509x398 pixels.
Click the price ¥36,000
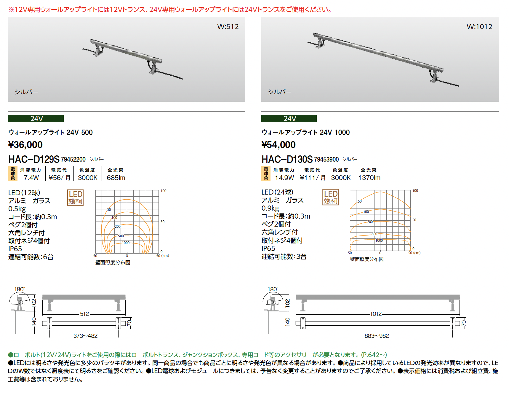point(25,145)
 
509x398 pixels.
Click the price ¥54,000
point(278,145)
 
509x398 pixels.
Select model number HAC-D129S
point(34,159)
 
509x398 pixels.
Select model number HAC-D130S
point(287,159)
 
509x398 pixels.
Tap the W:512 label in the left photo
point(228,27)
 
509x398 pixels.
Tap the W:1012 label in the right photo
point(479,27)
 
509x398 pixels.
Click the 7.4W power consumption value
point(31,178)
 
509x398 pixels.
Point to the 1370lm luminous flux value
point(369,178)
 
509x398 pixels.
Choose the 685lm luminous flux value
point(116,178)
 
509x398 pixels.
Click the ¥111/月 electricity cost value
point(313,178)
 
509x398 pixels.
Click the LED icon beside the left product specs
point(76,198)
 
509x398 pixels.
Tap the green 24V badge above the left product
point(36,119)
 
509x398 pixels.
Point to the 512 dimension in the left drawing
point(84,314)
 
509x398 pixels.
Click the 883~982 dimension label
point(377,336)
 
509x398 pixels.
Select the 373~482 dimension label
point(85,336)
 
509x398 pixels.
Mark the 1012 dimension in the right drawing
point(376,314)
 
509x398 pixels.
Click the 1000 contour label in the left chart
point(126,243)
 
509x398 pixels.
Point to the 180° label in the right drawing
point(273,289)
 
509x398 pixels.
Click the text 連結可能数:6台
point(31,257)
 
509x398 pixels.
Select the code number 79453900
point(326,160)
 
